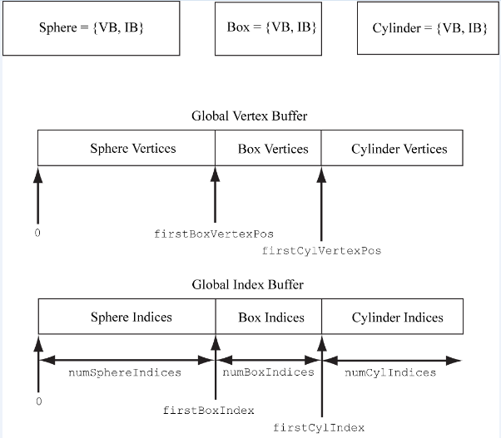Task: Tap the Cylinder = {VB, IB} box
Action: pos(429,29)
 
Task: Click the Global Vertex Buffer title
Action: pos(249,116)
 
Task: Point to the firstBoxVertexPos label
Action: pos(214,234)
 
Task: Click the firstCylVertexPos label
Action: pos(321,250)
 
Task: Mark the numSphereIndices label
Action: pos(124,372)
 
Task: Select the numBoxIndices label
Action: pos(268,372)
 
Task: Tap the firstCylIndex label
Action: pos(319,427)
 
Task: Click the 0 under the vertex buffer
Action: pos(37,233)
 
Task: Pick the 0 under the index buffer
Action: pos(38,401)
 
